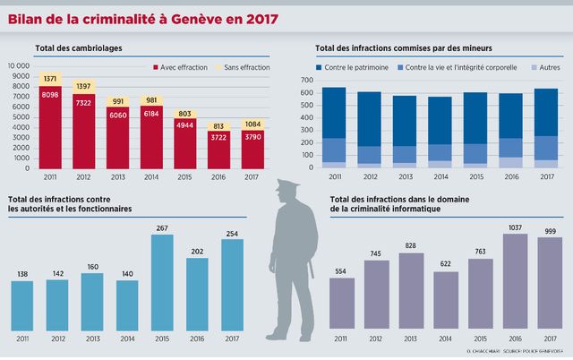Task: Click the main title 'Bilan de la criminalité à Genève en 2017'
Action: [x=143, y=19]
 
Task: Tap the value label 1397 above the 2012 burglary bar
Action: [x=84, y=85]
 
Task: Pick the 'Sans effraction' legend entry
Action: [x=243, y=67]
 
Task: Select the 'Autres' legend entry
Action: [x=545, y=67]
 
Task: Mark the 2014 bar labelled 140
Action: [x=127, y=305]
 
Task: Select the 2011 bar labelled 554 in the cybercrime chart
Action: [x=342, y=304]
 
